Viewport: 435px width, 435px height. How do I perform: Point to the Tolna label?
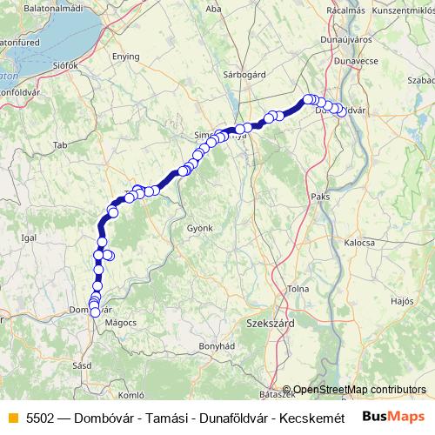(323, 289)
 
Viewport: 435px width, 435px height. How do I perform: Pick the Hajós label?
(402, 300)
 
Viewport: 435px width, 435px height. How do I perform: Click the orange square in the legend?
(11, 417)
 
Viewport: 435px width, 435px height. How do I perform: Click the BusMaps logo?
(394, 416)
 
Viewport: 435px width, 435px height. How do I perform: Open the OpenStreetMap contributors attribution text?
(359, 389)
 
